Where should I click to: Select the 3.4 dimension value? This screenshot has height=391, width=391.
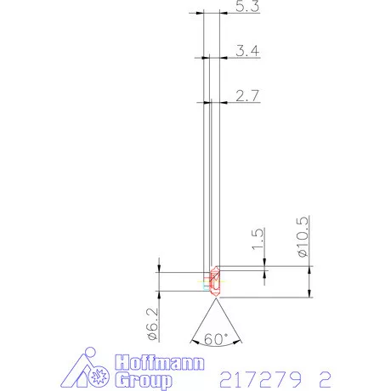(x=247, y=52)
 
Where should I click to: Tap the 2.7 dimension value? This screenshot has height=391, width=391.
(x=247, y=96)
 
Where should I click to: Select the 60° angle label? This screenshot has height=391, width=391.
(x=218, y=338)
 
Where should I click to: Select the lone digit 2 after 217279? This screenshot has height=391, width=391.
(x=324, y=375)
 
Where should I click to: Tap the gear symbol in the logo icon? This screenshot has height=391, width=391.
(x=99, y=372)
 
